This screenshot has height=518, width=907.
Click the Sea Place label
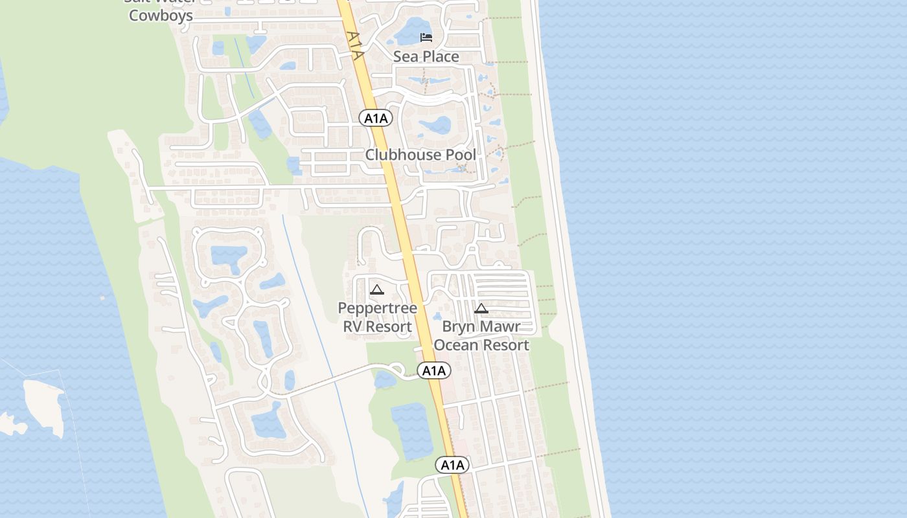(x=426, y=57)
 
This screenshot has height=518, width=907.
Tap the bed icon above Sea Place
(x=426, y=37)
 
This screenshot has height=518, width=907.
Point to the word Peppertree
(x=377, y=308)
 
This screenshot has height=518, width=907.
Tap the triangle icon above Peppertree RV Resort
(x=376, y=289)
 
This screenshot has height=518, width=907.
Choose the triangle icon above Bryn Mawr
(x=481, y=308)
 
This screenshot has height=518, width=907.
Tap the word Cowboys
(x=161, y=16)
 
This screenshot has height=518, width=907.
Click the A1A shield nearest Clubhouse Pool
(x=376, y=118)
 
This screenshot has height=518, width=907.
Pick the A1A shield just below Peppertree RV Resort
(x=433, y=370)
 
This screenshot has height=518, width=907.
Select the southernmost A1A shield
(x=452, y=465)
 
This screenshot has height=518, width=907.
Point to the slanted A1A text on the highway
(x=354, y=45)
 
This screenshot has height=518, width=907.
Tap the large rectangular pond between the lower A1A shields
(x=412, y=431)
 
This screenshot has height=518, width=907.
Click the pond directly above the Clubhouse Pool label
(x=435, y=125)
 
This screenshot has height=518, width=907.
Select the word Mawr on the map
(x=499, y=327)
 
